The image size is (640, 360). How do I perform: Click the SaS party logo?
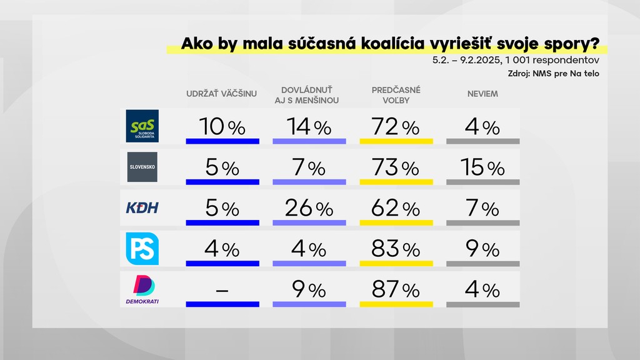142,126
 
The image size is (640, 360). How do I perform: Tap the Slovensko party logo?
142,167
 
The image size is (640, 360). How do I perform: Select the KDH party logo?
142,207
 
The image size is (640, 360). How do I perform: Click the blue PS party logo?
142,248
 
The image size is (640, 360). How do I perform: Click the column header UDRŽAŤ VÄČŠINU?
222,94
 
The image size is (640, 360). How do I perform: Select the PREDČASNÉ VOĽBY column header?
396,95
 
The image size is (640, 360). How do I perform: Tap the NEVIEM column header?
482,94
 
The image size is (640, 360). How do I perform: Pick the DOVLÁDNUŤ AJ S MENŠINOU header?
309,95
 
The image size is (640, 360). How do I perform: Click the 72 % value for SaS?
396,127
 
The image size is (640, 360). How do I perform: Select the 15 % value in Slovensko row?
482,168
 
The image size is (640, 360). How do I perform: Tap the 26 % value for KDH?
309,209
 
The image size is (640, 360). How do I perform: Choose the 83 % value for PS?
396,249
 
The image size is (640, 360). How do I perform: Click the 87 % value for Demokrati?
396,290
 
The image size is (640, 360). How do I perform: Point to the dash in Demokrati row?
222,291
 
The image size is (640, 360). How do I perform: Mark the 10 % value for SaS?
222,127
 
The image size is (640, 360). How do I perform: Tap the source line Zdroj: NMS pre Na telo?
554,74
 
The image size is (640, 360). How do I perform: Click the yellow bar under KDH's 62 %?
396,223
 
